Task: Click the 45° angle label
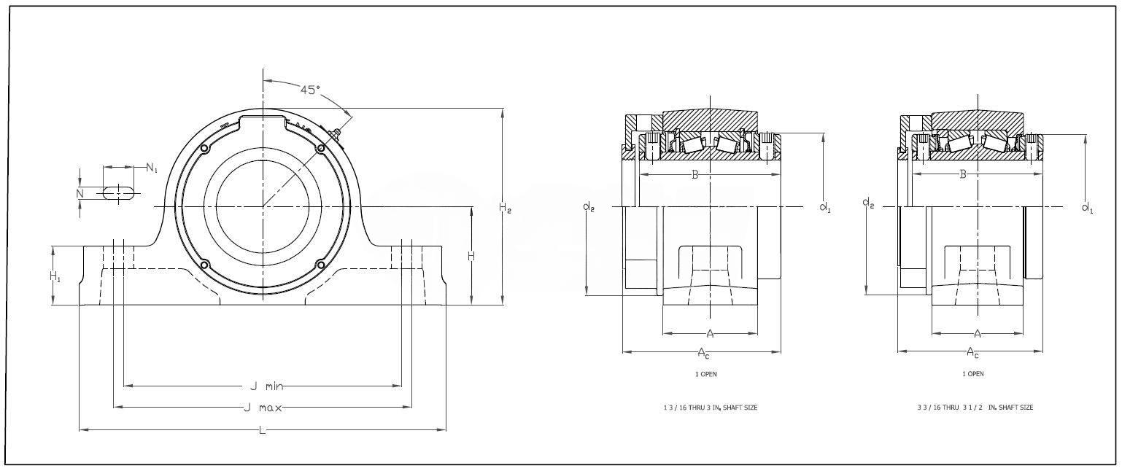pyautogui.click(x=310, y=90)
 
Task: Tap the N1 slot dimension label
pyautogui.click(x=151, y=168)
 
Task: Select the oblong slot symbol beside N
pyautogui.click(x=117, y=192)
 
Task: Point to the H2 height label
pyautogui.click(x=505, y=208)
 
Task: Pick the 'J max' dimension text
pyautogui.click(x=263, y=408)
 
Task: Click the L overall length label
pyautogui.click(x=262, y=430)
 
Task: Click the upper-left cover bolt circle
pyautogui.click(x=205, y=149)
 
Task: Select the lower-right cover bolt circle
pyautogui.click(x=320, y=265)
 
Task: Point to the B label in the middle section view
pyautogui.click(x=695, y=174)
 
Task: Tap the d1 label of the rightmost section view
pyautogui.click(x=1087, y=208)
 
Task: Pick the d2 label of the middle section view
pyautogui.click(x=588, y=206)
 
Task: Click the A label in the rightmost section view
pyautogui.click(x=978, y=334)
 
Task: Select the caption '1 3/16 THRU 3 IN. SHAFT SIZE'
pyautogui.click(x=705, y=408)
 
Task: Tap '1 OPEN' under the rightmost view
pyautogui.click(x=972, y=374)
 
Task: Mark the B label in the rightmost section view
pyautogui.click(x=963, y=174)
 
